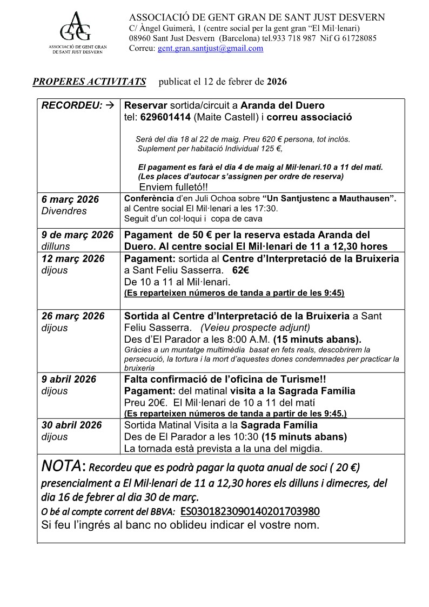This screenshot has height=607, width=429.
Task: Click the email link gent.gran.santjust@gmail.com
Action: [210, 48]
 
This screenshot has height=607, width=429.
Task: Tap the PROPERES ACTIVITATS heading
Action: [89, 82]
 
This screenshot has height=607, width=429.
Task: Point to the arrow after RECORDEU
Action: [109, 105]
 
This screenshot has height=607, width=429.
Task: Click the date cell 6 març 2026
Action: [70, 199]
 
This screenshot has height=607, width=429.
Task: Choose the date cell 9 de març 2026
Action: [77, 235]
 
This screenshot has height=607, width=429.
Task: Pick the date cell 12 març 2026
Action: [73, 258]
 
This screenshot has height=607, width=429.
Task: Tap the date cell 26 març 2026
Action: [73, 316]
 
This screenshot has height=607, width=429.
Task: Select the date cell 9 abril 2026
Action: [69, 379]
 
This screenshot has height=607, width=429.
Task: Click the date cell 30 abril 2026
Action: [71, 425]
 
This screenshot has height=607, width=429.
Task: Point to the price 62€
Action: [240, 270]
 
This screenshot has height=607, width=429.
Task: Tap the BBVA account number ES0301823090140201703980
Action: [250, 511]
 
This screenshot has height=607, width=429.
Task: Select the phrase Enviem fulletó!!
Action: [173, 188]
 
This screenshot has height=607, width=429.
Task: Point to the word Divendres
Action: [64, 211]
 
